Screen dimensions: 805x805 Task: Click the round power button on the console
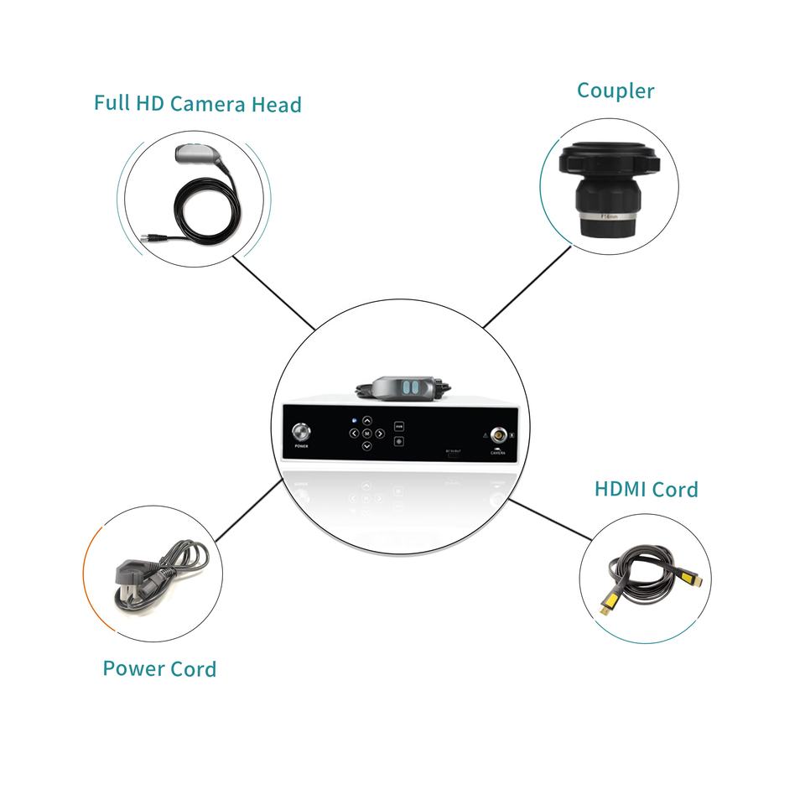tap(300, 434)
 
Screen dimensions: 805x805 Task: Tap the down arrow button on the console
tap(366, 447)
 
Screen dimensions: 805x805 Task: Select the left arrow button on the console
tap(353, 434)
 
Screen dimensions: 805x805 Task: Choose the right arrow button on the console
tap(380, 434)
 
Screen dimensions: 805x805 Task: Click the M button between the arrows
tap(366, 434)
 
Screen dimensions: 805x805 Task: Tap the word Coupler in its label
tap(615, 91)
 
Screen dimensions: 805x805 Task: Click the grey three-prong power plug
tap(127, 583)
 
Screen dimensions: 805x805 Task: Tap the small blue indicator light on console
tap(355, 418)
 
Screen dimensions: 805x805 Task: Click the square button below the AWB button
tap(399, 439)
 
